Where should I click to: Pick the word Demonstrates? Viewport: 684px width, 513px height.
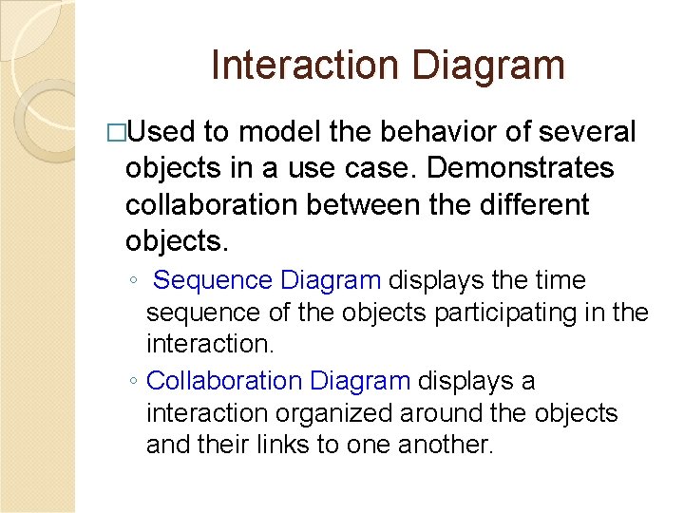(x=521, y=169)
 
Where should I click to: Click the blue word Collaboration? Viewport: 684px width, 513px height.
(x=224, y=381)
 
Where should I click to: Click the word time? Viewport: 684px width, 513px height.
(x=564, y=281)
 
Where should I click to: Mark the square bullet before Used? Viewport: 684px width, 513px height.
(x=117, y=133)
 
